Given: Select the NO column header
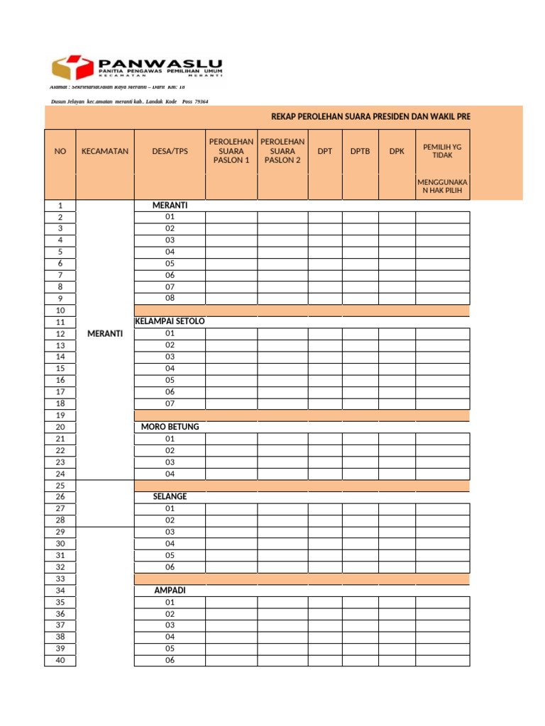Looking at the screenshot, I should tap(60, 151).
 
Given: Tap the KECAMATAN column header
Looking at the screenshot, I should tap(105, 151).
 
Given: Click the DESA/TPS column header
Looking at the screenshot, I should tap(170, 151).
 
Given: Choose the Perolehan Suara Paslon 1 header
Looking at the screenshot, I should tap(231, 151).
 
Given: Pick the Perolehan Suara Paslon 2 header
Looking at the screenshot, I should tap(282, 151).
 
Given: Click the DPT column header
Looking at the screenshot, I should tap(325, 151).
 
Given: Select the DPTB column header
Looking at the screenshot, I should tap(360, 151).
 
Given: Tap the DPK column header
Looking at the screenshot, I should tap(397, 151).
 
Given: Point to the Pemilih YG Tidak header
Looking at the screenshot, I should tap(442, 151).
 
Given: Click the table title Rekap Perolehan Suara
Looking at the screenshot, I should tap(370, 116).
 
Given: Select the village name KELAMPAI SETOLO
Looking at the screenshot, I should tap(170, 321).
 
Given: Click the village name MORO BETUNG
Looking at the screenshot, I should tap(170, 427).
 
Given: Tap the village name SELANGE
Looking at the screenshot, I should tap(170, 496).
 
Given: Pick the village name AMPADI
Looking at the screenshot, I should tap(170, 590).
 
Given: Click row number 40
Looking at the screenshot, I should tap(60, 660).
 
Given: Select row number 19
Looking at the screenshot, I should tap(60, 415).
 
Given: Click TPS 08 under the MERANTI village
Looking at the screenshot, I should tap(170, 298).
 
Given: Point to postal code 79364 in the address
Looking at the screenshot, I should tap(200, 102).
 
